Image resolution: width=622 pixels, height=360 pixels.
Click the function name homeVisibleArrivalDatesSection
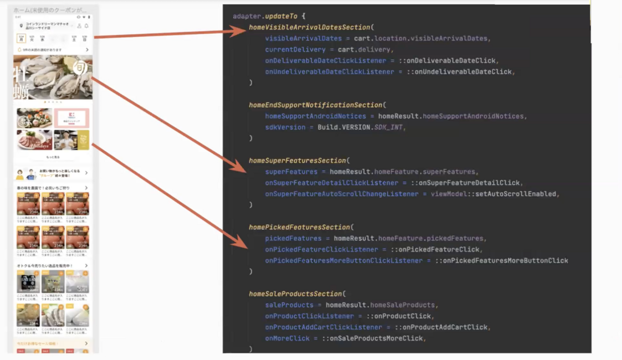coord(310,27)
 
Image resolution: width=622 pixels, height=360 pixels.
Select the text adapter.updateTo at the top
coord(264,16)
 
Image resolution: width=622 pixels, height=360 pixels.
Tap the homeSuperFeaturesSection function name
coord(299,161)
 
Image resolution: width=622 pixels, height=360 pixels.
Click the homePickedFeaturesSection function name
coord(300,227)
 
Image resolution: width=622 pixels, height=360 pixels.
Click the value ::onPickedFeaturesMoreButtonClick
coord(502,261)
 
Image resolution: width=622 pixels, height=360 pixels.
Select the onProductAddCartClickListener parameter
coord(324,327)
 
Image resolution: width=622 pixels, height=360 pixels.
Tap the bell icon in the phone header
coord(87,25)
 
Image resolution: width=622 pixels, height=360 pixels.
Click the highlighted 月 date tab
coord(21,38)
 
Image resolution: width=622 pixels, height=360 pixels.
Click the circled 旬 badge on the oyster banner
coord(80,69)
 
